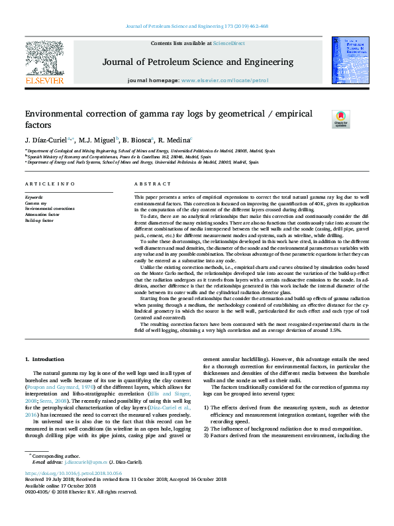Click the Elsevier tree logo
coord(44,59)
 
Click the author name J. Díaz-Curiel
coord(46,140)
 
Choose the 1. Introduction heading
coord(44,359)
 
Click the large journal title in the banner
coord(197,62)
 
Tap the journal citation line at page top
coord(197,26)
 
